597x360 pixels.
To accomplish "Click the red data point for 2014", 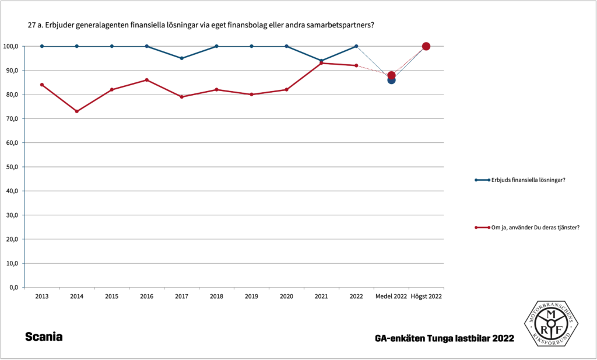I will click(77, 111).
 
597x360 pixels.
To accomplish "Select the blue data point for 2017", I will click(182, 58).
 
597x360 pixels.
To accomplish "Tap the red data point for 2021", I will click(321, 63).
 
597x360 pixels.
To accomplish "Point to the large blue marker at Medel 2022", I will click(391, 80).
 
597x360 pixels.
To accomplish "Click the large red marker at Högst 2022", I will click(426, 47).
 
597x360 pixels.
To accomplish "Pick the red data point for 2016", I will click(147, 80).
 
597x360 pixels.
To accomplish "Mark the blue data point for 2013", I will click(42, 46).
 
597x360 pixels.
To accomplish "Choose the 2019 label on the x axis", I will click(251, 296).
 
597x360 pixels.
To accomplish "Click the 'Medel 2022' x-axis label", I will click(391, 296).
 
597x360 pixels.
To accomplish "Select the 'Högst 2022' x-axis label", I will click(426, 296).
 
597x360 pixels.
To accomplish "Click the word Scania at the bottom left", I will click(44, 337).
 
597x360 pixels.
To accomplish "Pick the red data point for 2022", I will click(356, 65).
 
